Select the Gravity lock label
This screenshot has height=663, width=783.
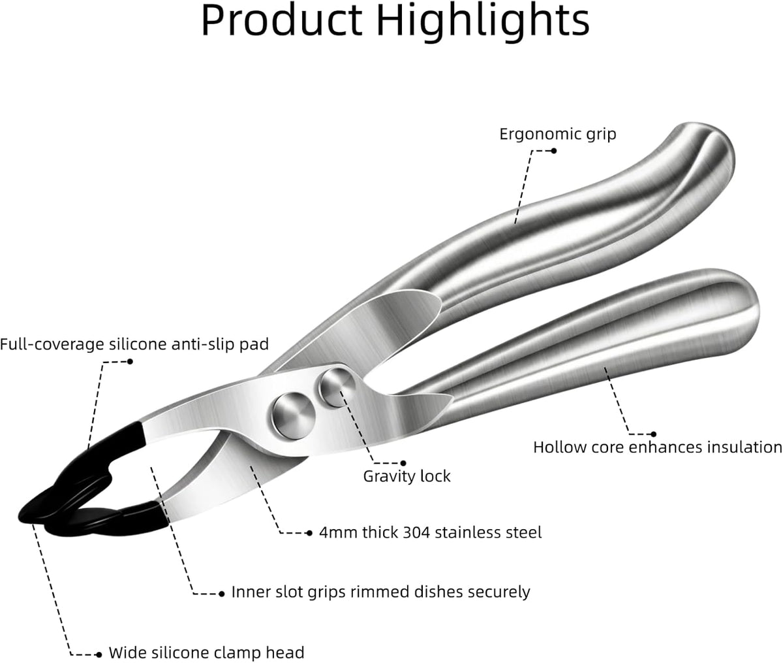407,476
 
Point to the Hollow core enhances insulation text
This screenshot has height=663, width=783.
658,447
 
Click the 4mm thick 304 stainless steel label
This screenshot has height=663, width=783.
431,533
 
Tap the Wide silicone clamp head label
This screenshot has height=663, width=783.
206,653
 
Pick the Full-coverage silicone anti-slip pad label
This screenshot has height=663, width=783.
134,344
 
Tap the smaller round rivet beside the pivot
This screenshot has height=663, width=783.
337,387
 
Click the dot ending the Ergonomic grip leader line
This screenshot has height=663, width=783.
553,151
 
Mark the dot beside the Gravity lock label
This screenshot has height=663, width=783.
403,463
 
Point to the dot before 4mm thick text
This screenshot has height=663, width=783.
309,533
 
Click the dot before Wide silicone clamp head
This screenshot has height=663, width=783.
99,655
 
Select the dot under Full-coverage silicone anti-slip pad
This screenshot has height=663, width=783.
130,361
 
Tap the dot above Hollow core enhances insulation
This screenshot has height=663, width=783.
653,434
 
